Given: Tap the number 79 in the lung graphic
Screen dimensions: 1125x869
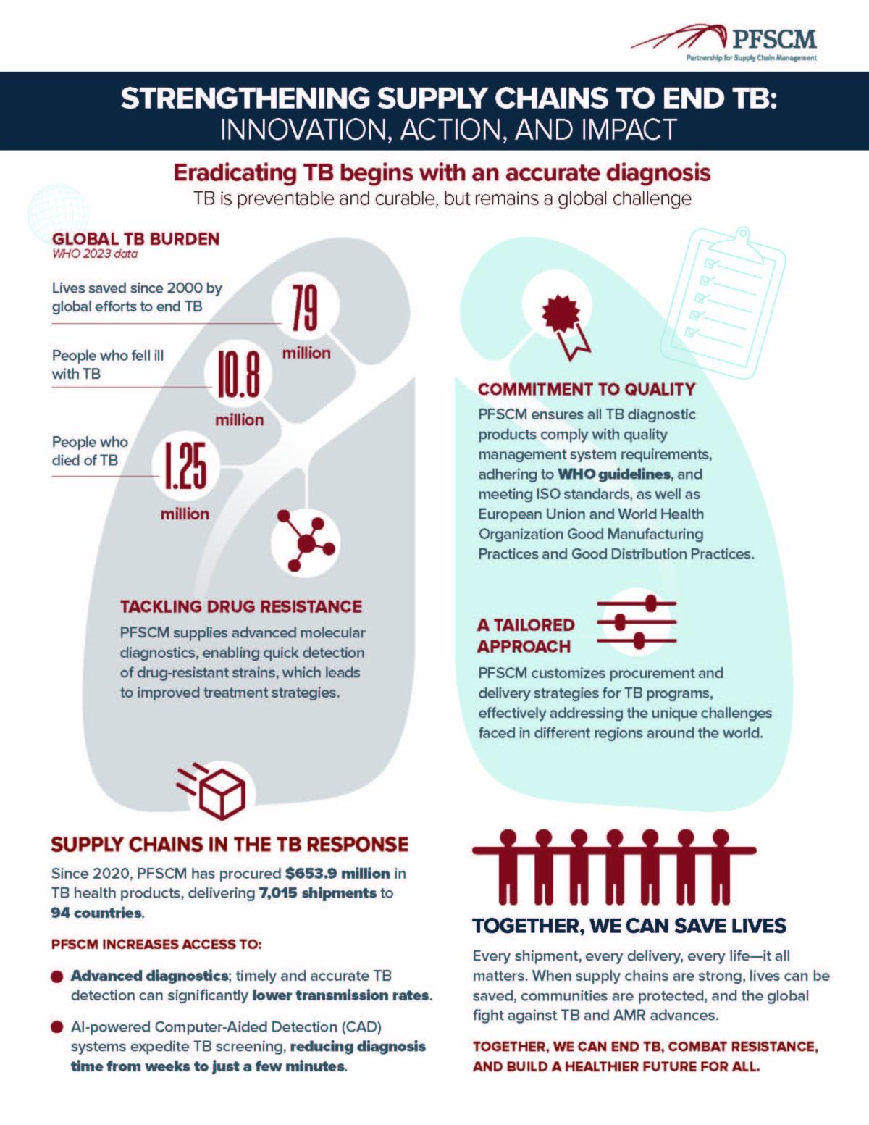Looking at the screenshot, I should (x=305, y=308).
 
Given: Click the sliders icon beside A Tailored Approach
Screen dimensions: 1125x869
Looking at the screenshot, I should (x=637, y=622).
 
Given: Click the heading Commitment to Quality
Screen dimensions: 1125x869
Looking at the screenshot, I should (x=586, y=389).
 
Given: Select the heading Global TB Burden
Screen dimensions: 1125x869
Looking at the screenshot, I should (x=135, y=239).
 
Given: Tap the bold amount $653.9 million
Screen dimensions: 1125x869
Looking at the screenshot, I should (x=337, y=874).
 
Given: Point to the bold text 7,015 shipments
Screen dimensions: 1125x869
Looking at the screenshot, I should (x=318, y=893).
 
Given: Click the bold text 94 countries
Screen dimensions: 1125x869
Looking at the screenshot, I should (x=96, y=913).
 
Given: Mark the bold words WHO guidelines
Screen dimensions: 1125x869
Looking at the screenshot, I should (x=613, y=474).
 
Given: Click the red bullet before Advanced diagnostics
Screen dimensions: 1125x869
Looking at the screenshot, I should (x=57, y=977).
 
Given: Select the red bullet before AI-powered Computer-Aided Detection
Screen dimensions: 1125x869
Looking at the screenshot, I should (x=57, y=1028).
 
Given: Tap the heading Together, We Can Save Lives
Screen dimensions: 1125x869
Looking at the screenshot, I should (x=629, y=926).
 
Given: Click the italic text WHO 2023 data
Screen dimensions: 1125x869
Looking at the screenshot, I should (x=95, y=254).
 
